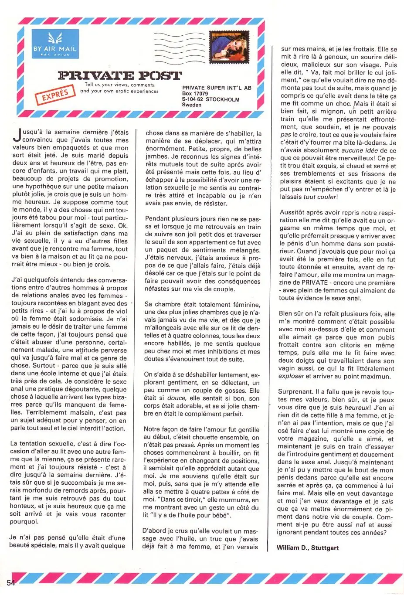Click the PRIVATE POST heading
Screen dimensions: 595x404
119,75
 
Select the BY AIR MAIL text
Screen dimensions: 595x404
55,49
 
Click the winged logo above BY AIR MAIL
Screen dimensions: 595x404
55,38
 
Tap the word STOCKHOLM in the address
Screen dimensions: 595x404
223,99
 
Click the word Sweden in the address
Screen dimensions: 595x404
192,105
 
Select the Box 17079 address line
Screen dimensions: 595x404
195,93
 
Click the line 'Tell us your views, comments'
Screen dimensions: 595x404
119,85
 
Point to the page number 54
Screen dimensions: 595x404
10,582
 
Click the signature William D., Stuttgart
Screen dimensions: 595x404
307,547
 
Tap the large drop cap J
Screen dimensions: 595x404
16,136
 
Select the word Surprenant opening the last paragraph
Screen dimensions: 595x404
295,392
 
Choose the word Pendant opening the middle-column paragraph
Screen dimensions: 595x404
158,219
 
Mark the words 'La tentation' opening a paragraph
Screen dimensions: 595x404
30,443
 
